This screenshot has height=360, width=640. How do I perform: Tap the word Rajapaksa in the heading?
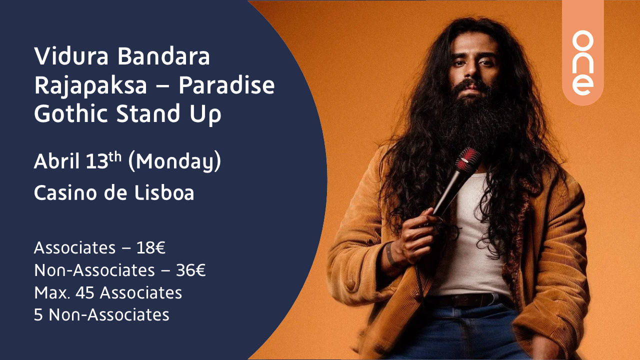pos(90,85)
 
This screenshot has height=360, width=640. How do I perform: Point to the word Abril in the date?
pos(56,161)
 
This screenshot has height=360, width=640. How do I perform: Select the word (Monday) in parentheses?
pos(174,161)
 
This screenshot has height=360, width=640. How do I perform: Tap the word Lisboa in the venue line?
pos(164,192)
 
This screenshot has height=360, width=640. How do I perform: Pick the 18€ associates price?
pos(151,247)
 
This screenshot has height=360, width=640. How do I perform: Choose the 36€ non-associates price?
pos(190,270)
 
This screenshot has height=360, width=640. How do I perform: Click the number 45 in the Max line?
pos(85,293)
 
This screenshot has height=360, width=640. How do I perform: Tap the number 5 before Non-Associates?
pos(38,315)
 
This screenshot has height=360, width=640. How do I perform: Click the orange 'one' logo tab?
pos(583,53)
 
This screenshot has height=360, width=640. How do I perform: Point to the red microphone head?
pos(468,159)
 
